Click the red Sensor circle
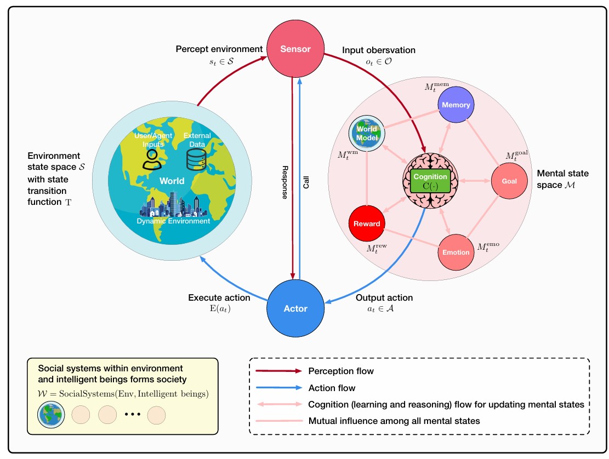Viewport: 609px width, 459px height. pyautogui.click(x=295, y=49)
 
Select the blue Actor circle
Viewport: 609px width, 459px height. pyautogui.click(x=295, y=308)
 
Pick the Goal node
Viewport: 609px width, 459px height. pyautogui.click(x=509, y=181)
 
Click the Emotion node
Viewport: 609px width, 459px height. pyautogui.click(x=456, y=252)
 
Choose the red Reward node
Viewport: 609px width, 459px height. pyautogui.click(x=367, y=223)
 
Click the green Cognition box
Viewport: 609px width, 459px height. pyautogui.click(x=430, y=181)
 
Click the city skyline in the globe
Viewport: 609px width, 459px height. pyautogui.click(x=175, y=205)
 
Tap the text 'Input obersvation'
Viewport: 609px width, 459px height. pyautogui.click(x=379, y=50)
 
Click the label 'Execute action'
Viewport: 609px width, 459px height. pyautogui.click(x=219, y=298)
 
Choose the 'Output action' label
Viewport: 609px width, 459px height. pyautogui.click(x=384, y=298)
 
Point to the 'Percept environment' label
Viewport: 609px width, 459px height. pyautogui.click(x=219, y=49)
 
